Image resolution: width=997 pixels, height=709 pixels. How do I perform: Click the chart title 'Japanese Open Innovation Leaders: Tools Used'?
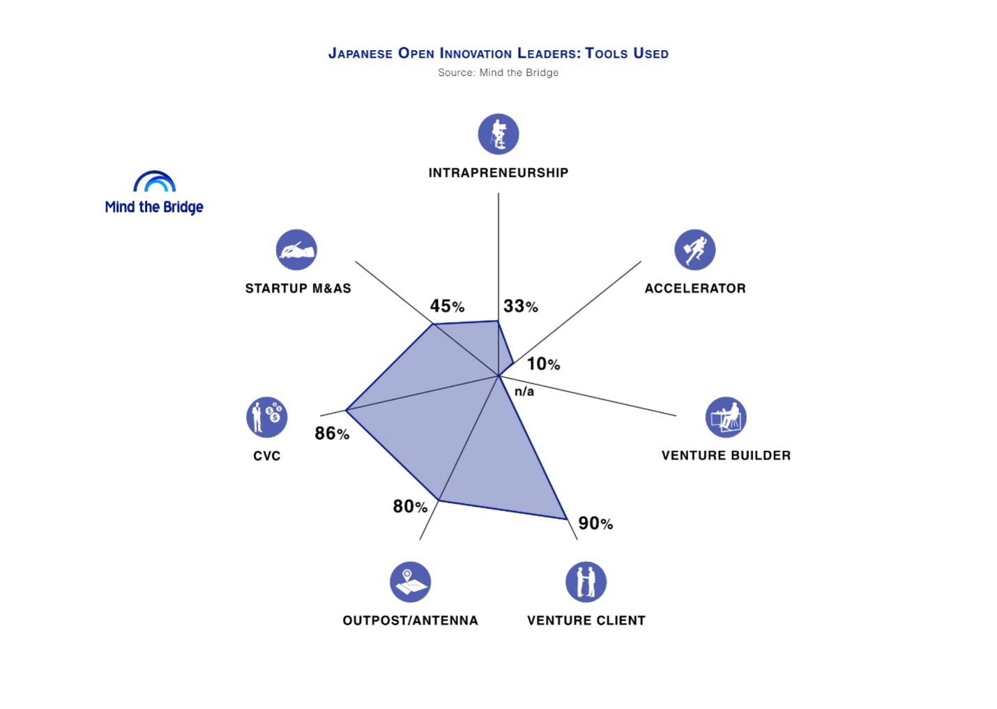coord(498,54)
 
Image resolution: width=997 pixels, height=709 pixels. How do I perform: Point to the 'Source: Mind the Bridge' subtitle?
coord(498,73)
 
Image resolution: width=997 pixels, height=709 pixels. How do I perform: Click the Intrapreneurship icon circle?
coord(498,134)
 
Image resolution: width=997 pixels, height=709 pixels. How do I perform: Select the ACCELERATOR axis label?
coord(695,289)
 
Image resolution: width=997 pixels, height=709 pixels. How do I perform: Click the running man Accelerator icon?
coord(695,250)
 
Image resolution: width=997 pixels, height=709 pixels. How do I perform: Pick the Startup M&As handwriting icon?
coord(296,250)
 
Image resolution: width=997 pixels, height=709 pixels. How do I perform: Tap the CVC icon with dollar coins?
coord(266,417)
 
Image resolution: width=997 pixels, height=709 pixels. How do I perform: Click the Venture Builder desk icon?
coord(726,417)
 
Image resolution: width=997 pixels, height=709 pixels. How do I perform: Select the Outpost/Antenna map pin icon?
coord(411,581)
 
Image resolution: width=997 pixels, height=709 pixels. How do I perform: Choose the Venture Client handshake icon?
coord(586,581)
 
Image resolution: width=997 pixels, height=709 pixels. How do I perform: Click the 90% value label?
coord(595,524)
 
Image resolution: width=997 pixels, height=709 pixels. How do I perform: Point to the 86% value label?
coord(332,434)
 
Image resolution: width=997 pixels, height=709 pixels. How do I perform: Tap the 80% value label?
coord(410,507)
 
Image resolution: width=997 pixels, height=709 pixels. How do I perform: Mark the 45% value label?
coord(448,306)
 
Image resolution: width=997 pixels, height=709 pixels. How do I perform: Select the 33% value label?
coord(521,306)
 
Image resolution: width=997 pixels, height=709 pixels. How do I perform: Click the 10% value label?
coord(543,364)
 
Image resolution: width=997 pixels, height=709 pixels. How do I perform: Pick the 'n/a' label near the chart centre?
coord(524,392)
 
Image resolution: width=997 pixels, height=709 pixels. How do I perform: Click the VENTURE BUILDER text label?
coord(726,456)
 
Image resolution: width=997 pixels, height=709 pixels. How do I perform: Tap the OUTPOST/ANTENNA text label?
coord(411,620)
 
